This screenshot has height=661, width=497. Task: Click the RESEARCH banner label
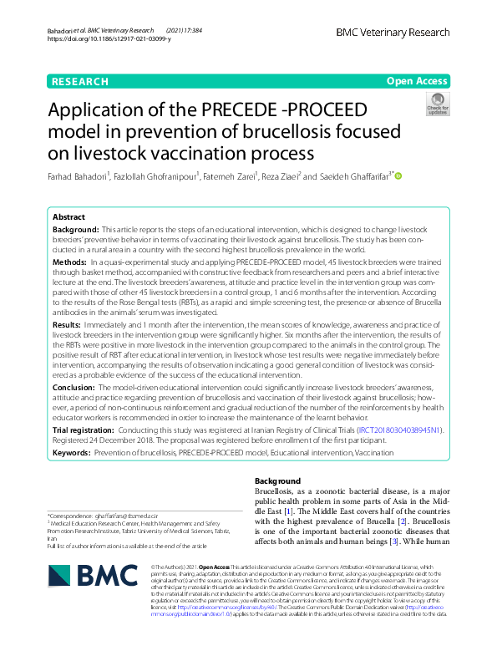pos(79,81)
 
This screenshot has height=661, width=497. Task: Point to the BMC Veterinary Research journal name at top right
pos(391,32)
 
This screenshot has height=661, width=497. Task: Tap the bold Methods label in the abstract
pos(70,262)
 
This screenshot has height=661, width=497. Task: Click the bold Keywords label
pos(72,452)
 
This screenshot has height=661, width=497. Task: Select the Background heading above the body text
pos(276,481)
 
